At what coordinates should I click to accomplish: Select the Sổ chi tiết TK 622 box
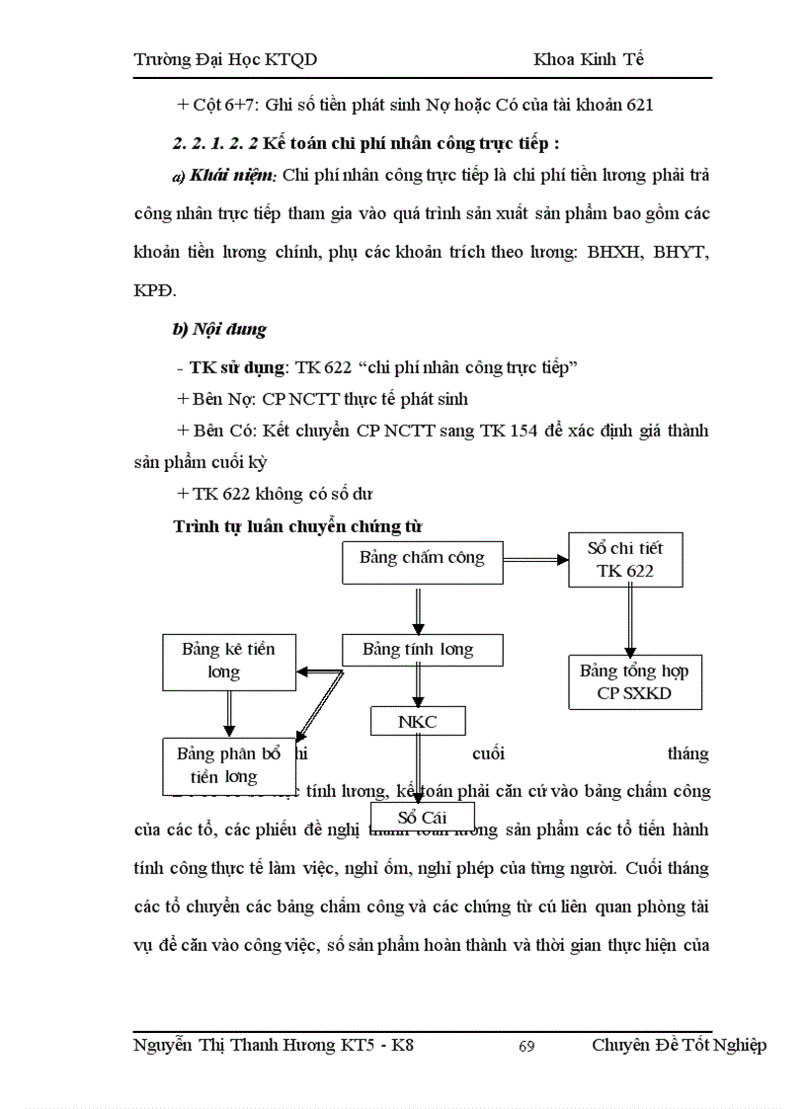624,559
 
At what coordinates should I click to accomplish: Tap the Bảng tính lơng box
422,650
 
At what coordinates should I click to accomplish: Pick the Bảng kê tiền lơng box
227,662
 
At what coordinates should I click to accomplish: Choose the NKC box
418,722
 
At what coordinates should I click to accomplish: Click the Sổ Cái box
422,818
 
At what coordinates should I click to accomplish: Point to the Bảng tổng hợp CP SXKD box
635,682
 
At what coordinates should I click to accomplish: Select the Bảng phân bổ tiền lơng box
229,765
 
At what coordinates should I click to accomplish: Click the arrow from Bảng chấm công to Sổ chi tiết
535,560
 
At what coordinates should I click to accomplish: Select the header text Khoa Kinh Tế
589,60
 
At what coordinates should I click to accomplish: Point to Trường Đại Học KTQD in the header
225,60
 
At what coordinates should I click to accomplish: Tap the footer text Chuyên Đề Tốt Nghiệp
679,1046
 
